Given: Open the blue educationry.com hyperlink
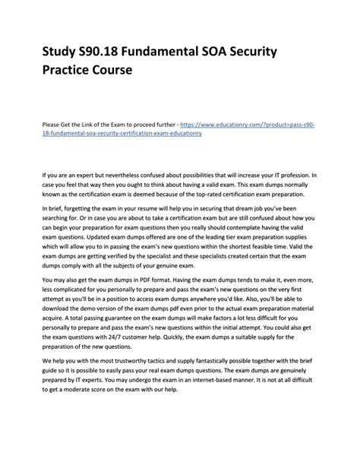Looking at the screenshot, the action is pos(251,122).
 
